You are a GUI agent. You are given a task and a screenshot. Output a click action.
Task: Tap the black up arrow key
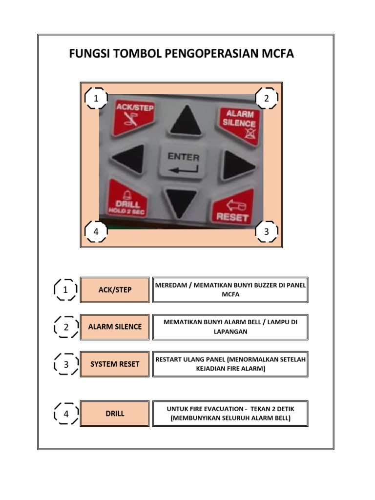[x=185, y=120]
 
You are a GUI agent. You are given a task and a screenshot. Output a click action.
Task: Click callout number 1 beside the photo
[x=96, y=99]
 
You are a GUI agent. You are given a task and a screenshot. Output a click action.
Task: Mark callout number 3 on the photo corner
[x=266, y=232]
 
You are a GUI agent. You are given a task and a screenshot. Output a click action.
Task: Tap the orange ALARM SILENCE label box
[x=115, y=327]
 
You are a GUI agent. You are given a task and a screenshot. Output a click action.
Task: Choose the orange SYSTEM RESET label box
[x=115, y=364]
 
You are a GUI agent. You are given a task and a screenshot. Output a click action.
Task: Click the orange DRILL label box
[x=115, y=414]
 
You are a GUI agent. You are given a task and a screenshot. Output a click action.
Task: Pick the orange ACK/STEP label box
[x=115, y=290]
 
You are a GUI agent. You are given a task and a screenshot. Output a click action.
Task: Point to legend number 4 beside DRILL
[x=65, y=414]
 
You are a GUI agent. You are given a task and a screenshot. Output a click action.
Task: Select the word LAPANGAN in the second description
[x=230, y=331]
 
